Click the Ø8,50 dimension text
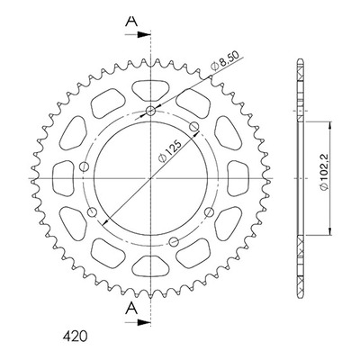point(225,61)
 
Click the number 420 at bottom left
point(75,337)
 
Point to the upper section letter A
point(131,21)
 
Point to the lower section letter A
point(131,309)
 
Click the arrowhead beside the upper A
point(143,35)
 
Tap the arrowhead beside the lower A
point(143,323)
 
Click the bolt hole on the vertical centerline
point(150,112)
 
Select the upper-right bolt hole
point(194,127)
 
